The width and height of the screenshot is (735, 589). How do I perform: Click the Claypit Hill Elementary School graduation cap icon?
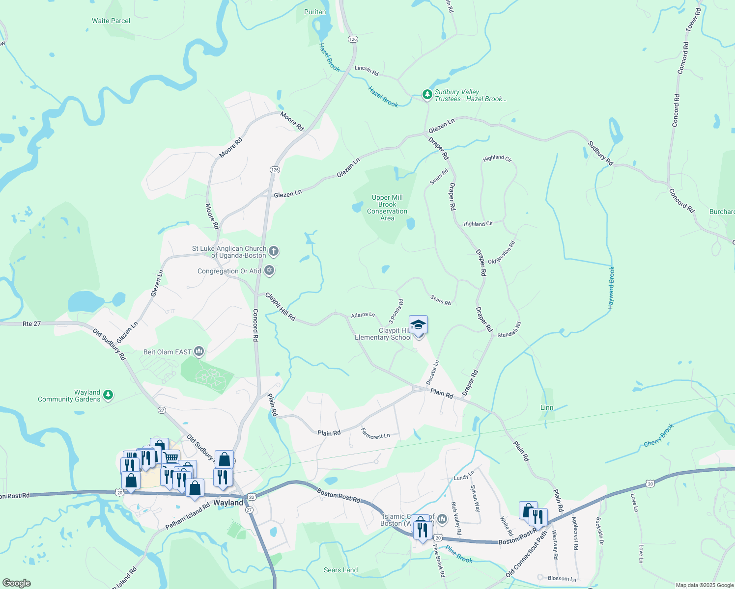point(418,325)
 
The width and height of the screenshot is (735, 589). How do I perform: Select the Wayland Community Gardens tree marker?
point(108,395)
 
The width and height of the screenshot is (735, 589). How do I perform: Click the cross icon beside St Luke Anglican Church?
point(274,251)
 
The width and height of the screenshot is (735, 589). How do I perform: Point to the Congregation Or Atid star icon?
point(269,270)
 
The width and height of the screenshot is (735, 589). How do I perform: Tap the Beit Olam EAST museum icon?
point(199,351)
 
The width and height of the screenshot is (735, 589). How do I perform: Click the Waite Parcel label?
point(111,21)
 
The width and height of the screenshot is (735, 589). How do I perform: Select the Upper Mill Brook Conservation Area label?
point(387,208)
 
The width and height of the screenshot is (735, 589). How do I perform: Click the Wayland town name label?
point(228,503)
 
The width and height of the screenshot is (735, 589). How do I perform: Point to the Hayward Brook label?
point(611,288)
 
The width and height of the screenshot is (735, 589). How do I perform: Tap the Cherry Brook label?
point(659,435)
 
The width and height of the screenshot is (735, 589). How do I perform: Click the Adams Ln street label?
point(363,315)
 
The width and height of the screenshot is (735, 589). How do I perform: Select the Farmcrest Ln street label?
point(375,433)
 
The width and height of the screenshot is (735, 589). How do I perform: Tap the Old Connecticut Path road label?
point(526,555)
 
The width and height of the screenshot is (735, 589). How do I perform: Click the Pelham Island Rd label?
point(191,515)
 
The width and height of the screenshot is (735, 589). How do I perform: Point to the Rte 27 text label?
point(32,323)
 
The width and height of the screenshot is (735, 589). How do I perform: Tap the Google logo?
point(16,583)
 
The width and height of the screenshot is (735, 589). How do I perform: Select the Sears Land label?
point(340,570)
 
